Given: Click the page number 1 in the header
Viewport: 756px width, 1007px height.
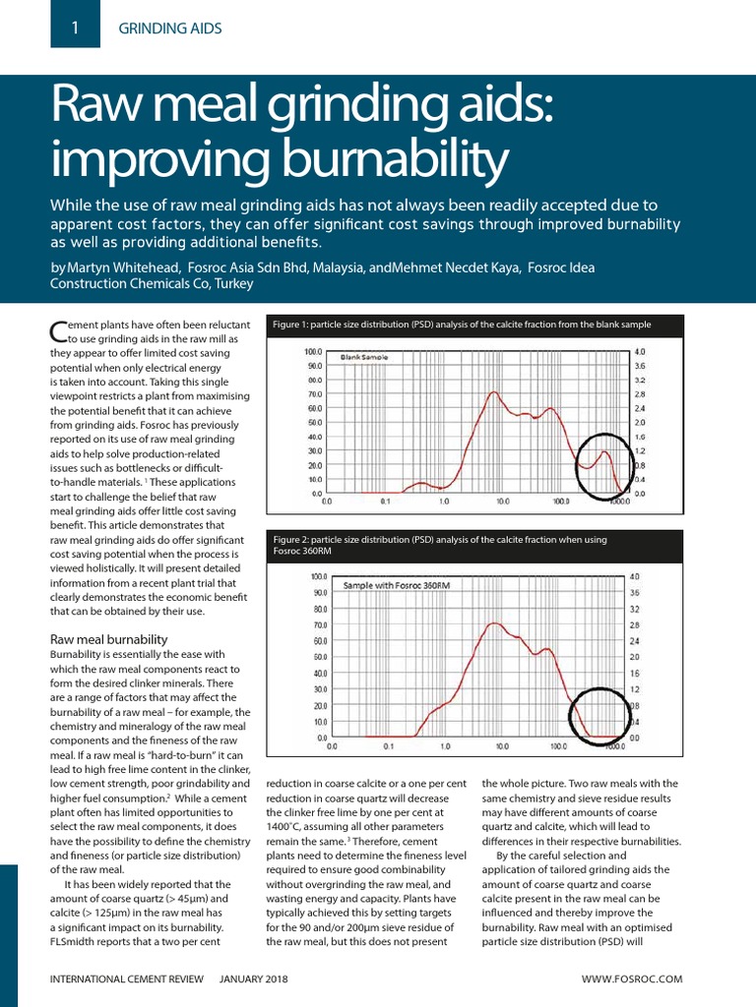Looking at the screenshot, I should point(75,29).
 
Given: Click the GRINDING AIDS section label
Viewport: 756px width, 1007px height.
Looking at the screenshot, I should point(170,29).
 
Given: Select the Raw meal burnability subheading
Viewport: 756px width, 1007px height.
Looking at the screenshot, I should point(108,639).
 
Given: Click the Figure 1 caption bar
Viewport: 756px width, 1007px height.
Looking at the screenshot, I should point(462,325).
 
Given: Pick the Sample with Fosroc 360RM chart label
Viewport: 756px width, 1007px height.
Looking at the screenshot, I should point(396,585).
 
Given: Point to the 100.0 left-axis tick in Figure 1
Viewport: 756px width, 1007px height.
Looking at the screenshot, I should point(313,351).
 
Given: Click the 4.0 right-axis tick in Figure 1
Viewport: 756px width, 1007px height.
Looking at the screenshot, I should point(640,351).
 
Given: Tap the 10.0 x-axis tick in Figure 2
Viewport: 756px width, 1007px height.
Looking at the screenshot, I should point(502,746).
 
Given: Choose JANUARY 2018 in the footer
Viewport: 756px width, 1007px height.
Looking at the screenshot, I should point(254,979).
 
